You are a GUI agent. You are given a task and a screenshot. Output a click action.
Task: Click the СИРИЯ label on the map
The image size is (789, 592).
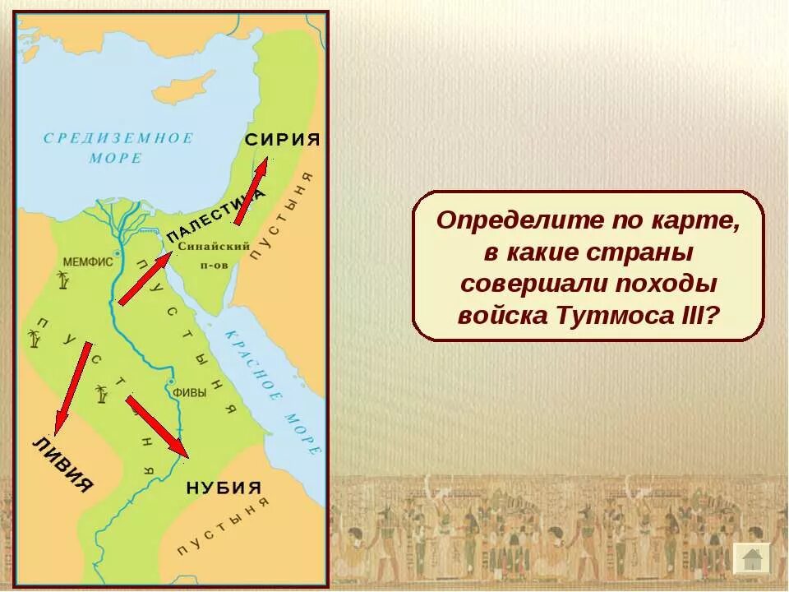tap(282, 139)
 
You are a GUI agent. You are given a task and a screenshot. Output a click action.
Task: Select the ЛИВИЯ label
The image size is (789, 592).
tap(62, 465)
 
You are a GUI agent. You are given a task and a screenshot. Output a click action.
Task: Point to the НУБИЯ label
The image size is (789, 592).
tap(224, 487)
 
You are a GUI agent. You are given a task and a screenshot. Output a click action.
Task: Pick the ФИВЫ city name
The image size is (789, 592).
tap(188, 393)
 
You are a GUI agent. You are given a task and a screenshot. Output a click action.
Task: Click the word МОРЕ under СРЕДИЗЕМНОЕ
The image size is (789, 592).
tap(115, 158)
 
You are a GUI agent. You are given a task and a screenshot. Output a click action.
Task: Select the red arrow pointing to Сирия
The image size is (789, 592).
tap(251, 192)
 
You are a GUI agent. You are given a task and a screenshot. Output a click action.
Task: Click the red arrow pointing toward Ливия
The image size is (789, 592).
tap(72, 387)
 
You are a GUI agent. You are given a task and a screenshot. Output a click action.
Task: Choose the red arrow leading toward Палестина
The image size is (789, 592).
tap(145, 279)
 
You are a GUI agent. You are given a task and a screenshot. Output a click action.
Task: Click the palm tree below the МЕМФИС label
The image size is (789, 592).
tap(63, 281)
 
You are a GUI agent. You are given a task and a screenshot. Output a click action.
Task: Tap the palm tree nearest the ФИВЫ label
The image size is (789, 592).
tap(102, 395)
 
